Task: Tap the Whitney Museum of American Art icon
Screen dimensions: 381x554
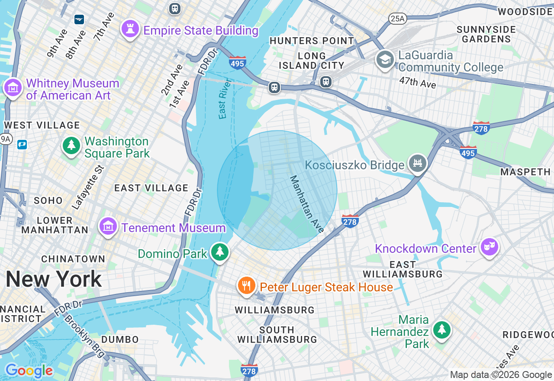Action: [13, 88]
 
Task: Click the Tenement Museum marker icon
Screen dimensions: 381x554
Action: [108, 226]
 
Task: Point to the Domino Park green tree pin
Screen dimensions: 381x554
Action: [220, 252]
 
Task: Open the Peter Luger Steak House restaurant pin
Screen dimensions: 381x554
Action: [246, 286]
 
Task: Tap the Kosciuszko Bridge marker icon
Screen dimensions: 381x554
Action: [418, 164]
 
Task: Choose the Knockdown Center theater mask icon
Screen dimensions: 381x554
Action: [489, 247]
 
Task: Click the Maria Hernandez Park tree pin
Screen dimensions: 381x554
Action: [441, 330]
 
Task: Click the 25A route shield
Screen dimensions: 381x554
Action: [397, 18]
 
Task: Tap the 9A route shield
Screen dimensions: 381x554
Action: [6, 139]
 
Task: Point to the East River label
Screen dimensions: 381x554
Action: [223, 99]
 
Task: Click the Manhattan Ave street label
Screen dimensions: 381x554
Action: [306, 204]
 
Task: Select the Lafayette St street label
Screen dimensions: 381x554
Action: [88, 187]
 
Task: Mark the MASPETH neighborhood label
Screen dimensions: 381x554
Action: [525, 172]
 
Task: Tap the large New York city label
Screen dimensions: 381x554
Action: [54, 279]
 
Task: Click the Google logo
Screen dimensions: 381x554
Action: [29, 371]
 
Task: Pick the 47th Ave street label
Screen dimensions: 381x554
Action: [417, 82]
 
